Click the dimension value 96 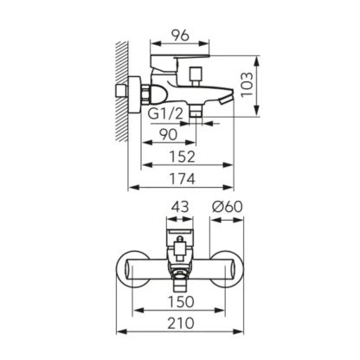pos(180,35)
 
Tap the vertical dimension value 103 pos(247,85)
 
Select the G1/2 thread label pos(165,114)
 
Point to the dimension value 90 pos(169,135)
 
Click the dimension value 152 pos(182,157)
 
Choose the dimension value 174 pos(182,179)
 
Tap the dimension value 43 pos(180,207)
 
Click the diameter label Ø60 pos(228,207)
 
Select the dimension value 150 pos(181,302)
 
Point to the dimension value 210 pos(181,323)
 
